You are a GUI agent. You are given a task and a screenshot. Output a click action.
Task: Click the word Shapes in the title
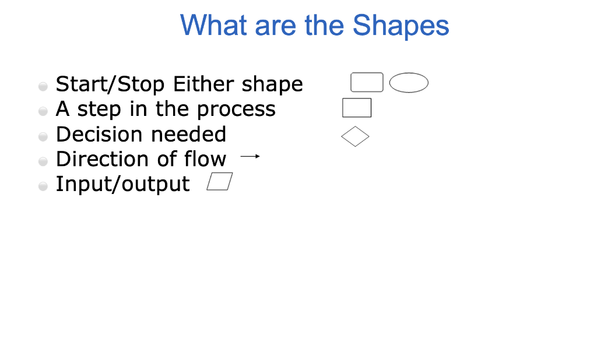(401, 26)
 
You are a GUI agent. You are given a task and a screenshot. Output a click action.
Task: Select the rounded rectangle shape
(367, 83)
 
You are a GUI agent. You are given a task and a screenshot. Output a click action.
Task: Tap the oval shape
(409, 83)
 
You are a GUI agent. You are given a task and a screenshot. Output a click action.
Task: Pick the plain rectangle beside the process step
(357, 108)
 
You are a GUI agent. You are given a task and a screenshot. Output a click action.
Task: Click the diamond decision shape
(355, 137)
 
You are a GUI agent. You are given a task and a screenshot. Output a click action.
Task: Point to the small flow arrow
(250, 156)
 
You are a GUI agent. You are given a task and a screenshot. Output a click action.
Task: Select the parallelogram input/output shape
(220, 182)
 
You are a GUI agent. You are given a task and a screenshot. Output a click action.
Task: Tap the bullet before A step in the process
(43, 111)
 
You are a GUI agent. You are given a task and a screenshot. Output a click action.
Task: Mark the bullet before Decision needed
(43, 137)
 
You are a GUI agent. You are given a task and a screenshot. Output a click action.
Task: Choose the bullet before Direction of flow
(43, 161)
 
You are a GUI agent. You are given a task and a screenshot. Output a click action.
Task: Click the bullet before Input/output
(43, 186)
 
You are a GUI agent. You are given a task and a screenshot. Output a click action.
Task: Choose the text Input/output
(122, 184)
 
